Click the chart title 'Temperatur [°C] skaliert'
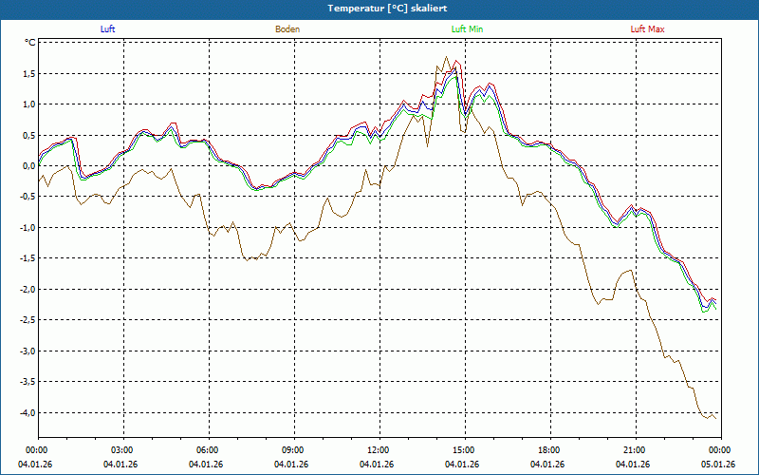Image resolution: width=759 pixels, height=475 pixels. click(379, 8)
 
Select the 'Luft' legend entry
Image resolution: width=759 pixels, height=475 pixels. click(108, 29)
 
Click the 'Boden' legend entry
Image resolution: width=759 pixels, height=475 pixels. click(287, 29)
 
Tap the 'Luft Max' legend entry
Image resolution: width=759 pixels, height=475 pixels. click(648, 29)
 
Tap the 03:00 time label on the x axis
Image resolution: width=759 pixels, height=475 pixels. click(122, 449)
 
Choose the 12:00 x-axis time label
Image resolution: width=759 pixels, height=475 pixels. click(379, 449)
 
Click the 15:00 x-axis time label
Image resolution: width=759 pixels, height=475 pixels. click(464, 449)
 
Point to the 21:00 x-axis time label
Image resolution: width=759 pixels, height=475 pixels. click(635, 449)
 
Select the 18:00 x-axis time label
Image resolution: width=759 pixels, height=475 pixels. click(549, 449)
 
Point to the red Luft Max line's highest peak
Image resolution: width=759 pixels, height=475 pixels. click(456, 61)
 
